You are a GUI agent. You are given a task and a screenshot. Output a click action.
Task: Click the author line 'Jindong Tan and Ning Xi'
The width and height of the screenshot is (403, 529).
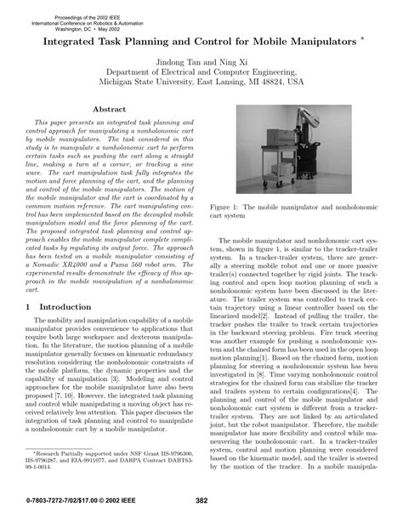pos(202,63)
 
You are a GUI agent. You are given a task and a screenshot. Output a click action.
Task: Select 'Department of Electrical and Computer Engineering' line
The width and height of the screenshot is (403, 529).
pos(202,73)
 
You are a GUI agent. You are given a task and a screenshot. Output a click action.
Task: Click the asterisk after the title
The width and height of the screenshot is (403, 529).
pos(363,38)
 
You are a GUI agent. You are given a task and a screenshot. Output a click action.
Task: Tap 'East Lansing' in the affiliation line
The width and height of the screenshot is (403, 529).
pos(231,83)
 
